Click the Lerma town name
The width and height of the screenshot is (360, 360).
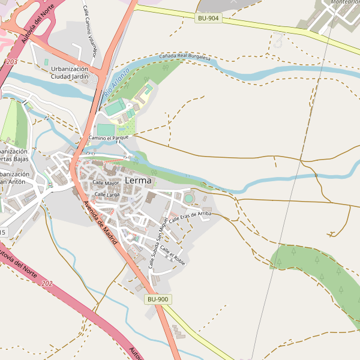point(138,181)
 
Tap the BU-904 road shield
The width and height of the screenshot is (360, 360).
point(208,19)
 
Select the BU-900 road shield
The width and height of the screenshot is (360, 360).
point(158,299)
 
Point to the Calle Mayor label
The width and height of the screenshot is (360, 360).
point(106,183)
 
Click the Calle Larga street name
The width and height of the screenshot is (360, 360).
point(107,195)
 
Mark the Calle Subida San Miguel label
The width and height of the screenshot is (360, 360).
point(156,242)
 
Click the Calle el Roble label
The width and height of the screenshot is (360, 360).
point(172,257)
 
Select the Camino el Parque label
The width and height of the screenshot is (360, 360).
point(109,138)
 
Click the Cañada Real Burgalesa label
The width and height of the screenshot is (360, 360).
point(185,58)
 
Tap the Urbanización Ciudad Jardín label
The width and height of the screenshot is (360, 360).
point(69,73)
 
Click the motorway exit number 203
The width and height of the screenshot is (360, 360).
point(11,62)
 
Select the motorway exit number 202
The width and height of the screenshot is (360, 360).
point(47,283)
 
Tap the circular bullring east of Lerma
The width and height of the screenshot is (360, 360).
point(189,198)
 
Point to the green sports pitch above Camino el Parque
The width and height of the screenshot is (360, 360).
point(106,130)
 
